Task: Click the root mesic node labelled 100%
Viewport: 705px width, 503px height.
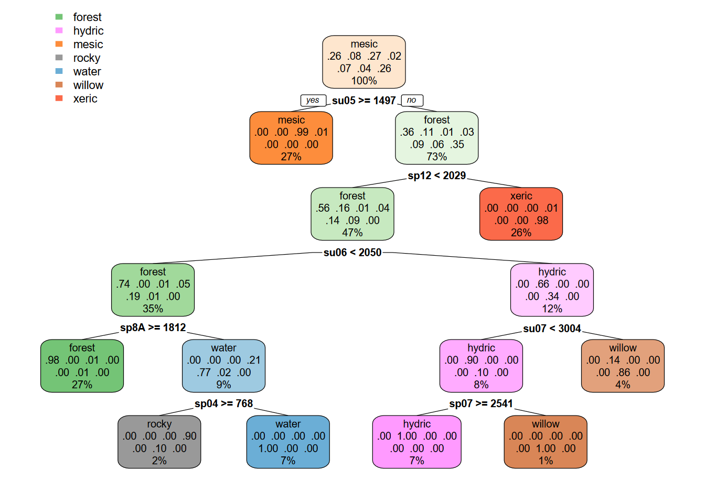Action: [364, 62]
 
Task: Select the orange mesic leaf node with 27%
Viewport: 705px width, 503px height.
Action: [291, 138]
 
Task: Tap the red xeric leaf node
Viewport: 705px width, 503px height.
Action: [521, 214]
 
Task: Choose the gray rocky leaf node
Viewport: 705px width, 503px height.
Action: [159, 442]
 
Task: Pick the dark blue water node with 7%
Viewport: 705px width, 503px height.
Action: [288, 442]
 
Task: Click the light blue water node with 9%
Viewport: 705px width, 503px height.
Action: [223, 366]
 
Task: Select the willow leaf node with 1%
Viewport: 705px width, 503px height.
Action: [546, 442]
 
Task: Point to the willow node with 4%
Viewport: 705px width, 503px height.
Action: [623, 366]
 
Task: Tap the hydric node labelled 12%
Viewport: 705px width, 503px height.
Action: [552, 290]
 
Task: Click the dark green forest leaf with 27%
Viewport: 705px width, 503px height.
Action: [82, 366]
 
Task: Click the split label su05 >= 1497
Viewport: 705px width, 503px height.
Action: [364, 101]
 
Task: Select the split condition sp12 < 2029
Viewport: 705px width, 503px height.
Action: [436, 176]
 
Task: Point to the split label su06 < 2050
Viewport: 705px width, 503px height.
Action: [352, 253]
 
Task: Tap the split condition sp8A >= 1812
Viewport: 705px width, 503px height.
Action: [153, 328]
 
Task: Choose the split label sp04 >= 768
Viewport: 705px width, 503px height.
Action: [223, 404]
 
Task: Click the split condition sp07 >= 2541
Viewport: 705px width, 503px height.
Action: [481, 404]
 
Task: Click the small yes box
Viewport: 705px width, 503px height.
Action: [313, 100]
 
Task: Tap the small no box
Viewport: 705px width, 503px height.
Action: [412, 100]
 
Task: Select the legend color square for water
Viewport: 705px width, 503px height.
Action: [59, 71]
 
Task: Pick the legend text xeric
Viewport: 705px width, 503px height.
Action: [85, 99]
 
